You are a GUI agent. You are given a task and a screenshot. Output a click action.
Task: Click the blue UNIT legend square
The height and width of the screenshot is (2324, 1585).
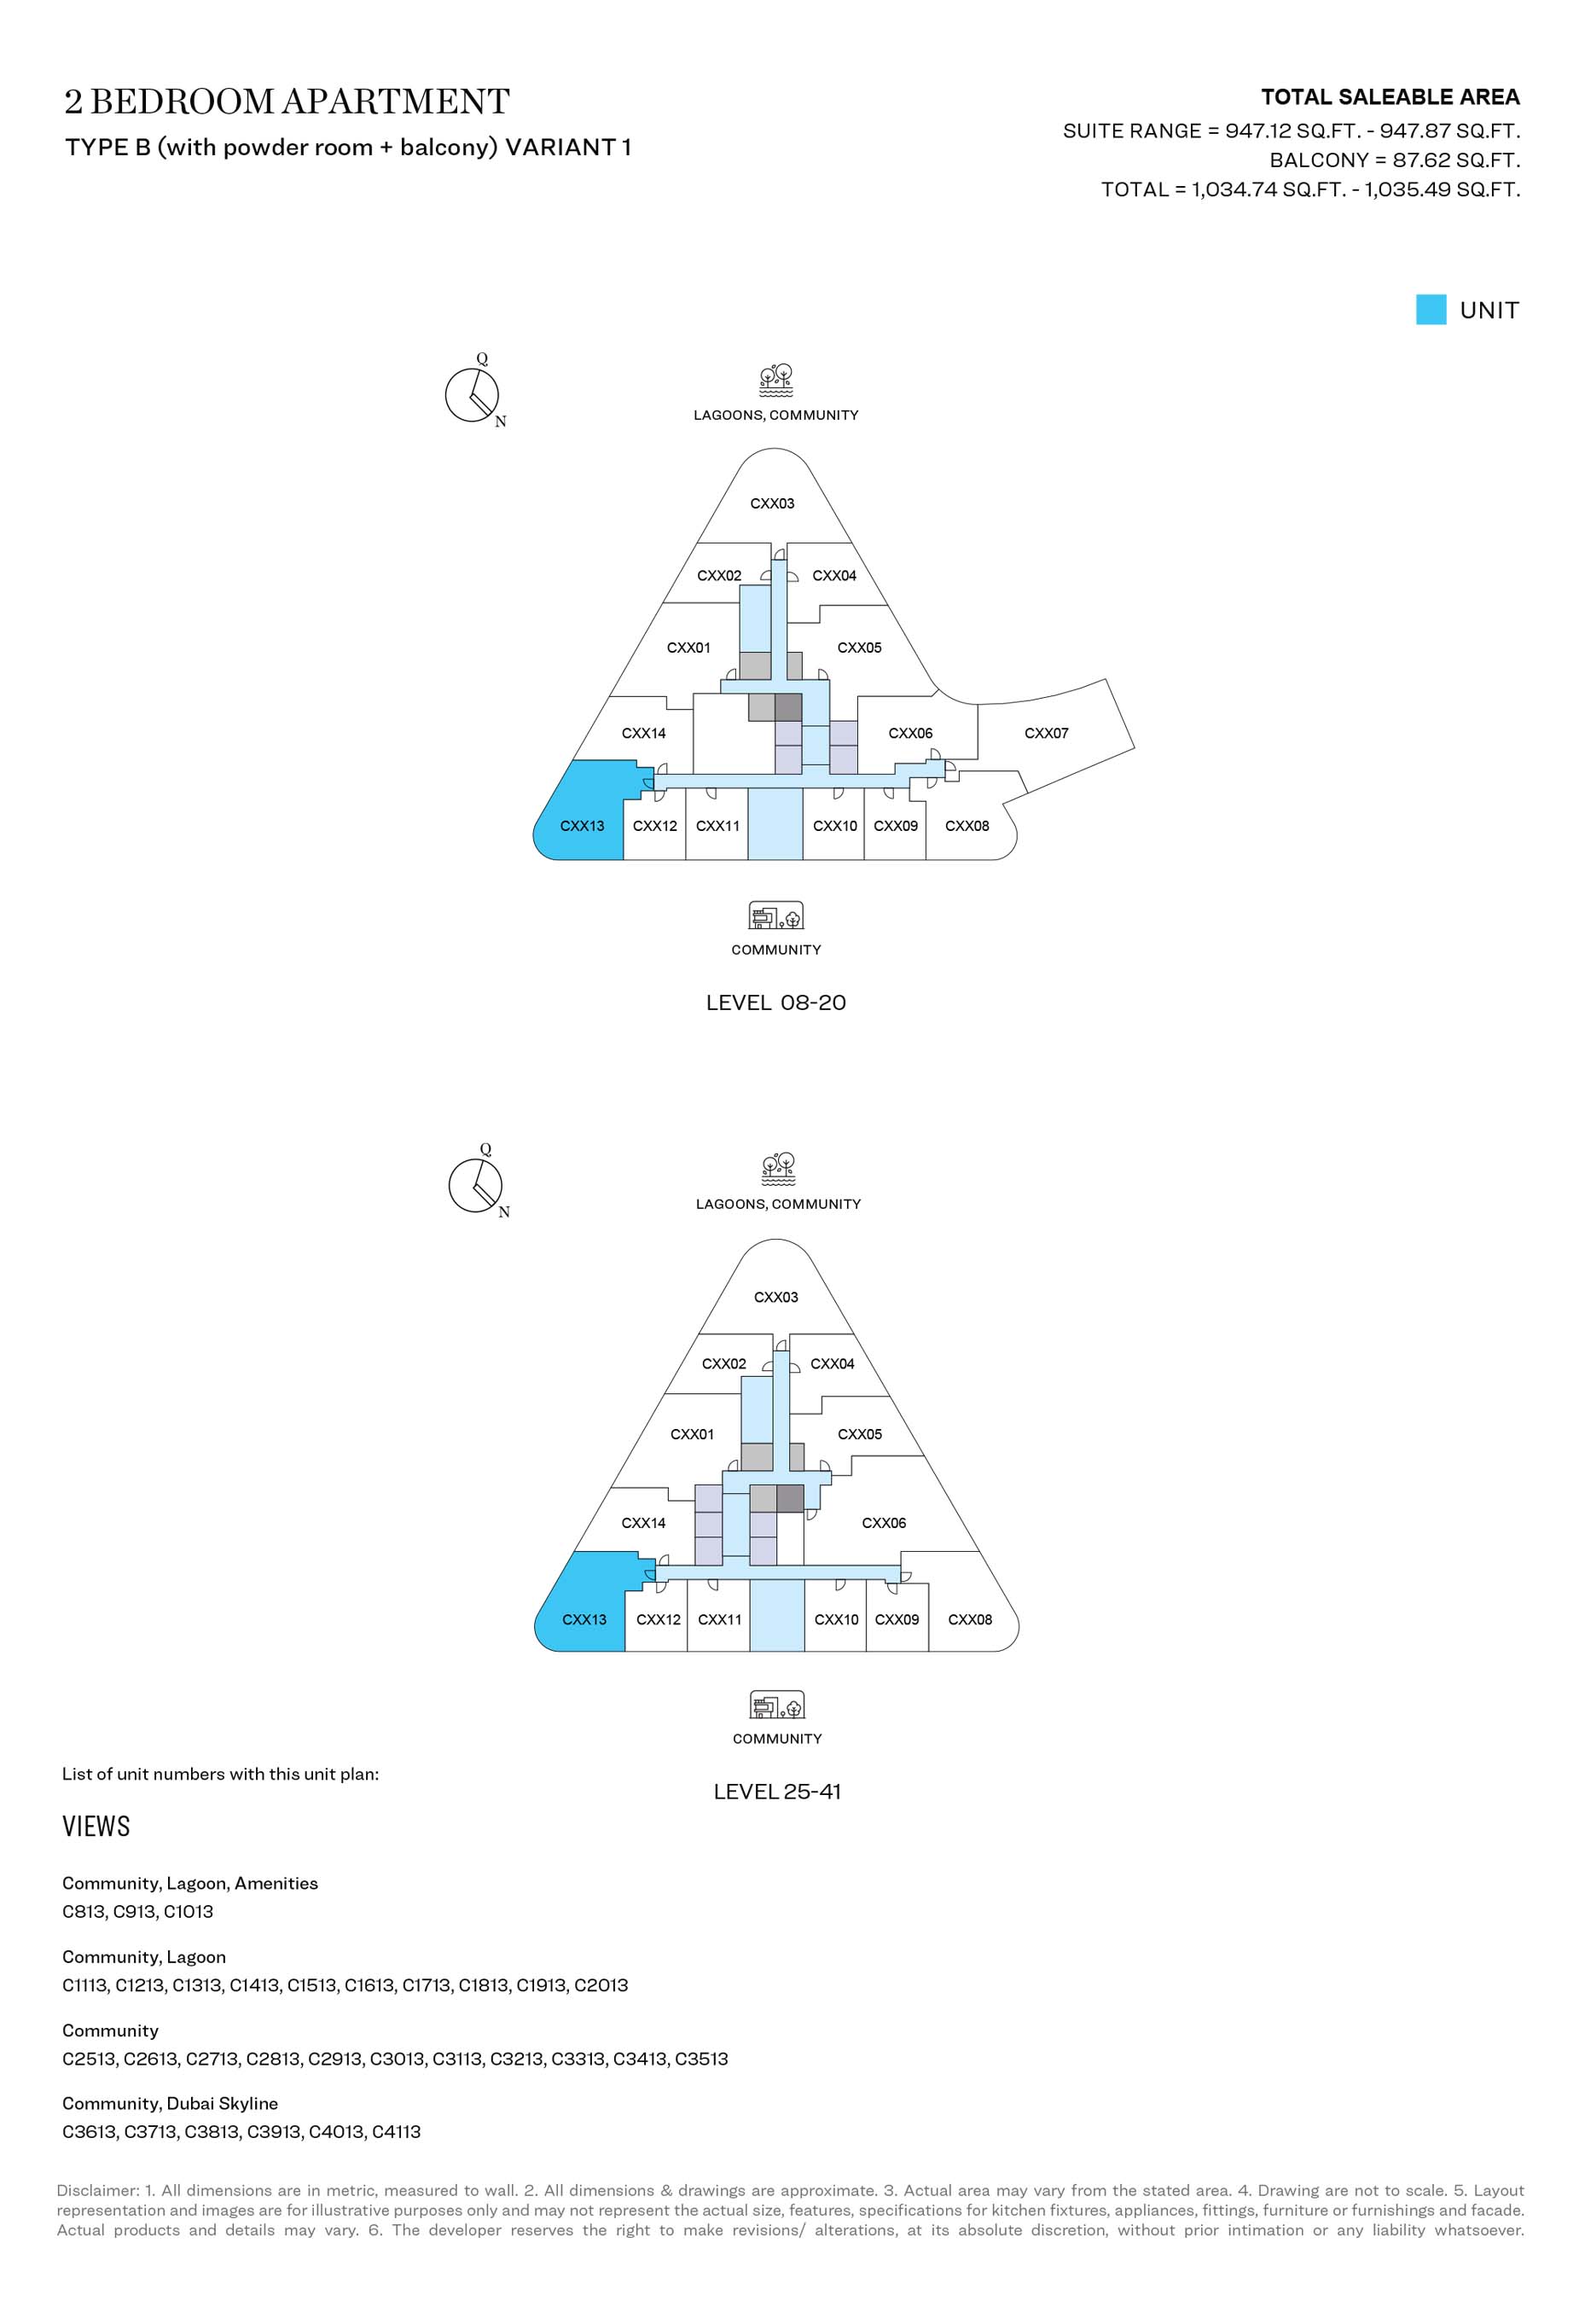pos(1431,310)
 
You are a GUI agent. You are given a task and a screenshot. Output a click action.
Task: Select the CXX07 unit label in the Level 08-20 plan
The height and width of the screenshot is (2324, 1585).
pos(1046,733)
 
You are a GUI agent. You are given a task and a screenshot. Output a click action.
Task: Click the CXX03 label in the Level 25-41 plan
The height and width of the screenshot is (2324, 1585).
pos(776,1297)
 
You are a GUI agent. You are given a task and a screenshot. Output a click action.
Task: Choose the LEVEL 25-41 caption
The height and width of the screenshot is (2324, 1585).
pos(777,1792)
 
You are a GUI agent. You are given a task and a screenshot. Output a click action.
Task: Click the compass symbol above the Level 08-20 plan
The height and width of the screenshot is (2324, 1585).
pos(473,393)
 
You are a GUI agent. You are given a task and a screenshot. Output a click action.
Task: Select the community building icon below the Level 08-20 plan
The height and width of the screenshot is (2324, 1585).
pos(776,915)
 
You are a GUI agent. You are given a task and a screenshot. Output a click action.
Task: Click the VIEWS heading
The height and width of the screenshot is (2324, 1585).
pos(96,1827)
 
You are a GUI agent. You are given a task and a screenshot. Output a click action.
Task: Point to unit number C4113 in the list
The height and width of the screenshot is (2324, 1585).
pos(396,2132)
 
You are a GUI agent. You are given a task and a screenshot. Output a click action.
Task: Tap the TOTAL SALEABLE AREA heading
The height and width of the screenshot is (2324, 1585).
pos(1390,97)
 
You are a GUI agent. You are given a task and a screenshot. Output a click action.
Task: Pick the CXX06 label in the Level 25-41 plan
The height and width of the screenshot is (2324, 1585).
pos(884,1523)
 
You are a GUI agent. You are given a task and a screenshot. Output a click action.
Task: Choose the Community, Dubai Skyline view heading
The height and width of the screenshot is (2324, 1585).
pos(170,2103)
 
